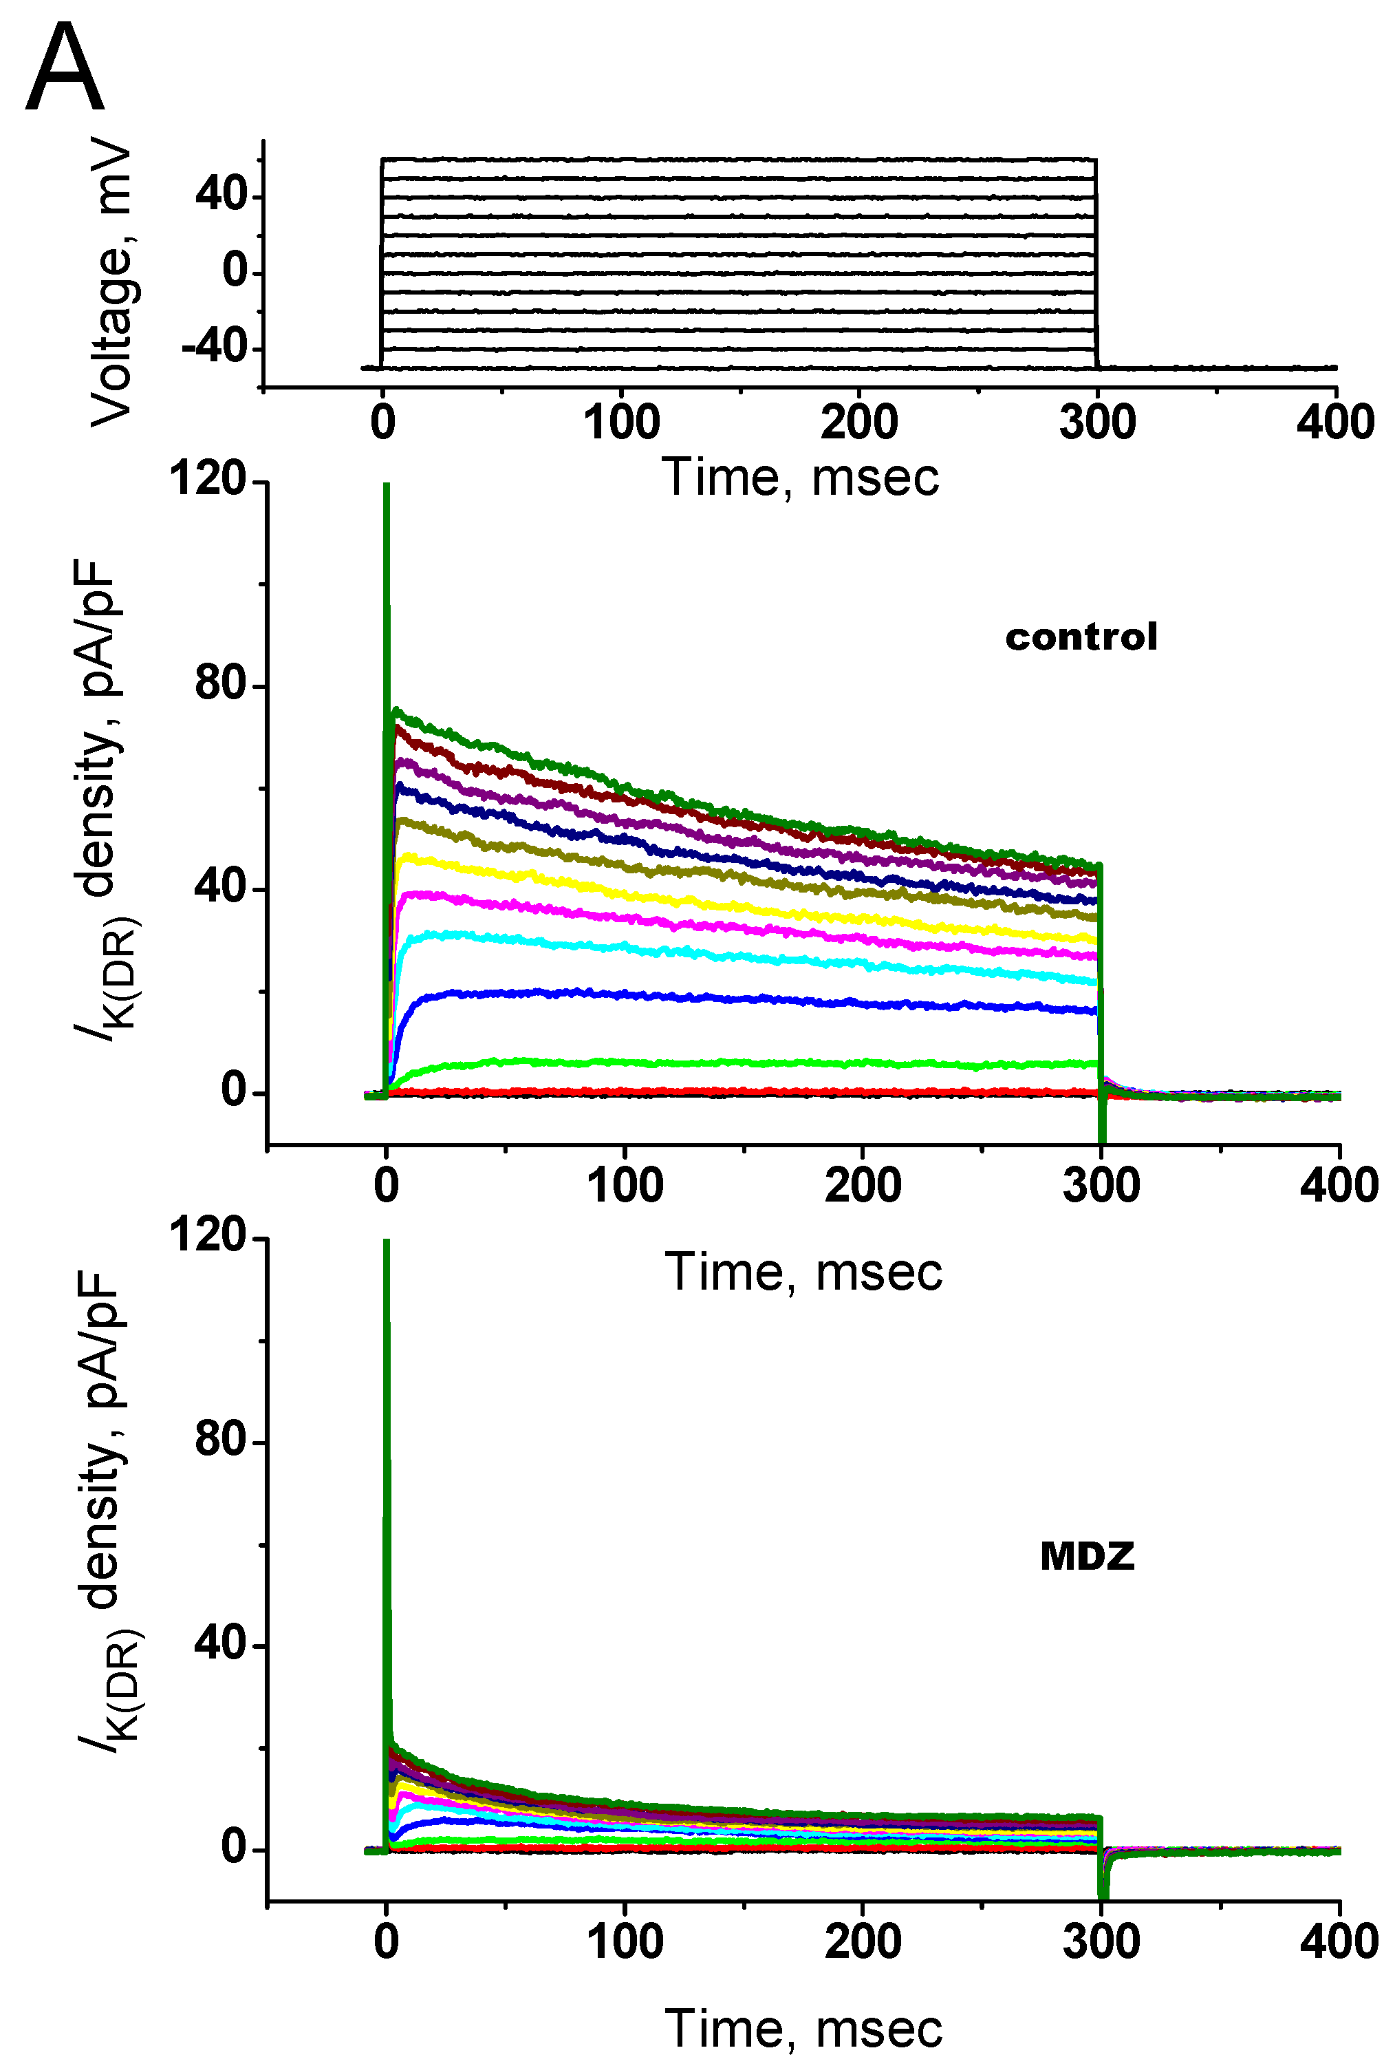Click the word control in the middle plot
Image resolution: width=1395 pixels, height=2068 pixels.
[x=1081, y=637]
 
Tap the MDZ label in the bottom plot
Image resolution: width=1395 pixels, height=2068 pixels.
[x=1087, y=1555]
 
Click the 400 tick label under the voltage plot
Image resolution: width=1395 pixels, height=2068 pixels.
[x=1334, y=422]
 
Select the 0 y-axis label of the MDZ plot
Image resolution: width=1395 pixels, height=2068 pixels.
[x=234, y=1848]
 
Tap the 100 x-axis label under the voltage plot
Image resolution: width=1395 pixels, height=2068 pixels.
[x=621, y=422]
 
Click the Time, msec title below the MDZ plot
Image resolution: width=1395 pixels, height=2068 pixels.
[x=803, y=2029]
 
